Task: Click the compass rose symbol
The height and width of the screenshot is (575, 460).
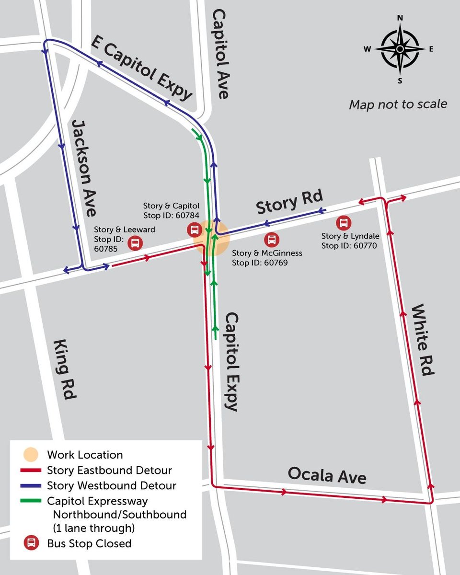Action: click(400, 49)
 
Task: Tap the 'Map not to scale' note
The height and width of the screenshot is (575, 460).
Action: click(398, 104)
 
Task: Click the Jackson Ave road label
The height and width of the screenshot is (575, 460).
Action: click(84, 168)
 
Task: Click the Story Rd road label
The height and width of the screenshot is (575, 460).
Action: click(289, 203)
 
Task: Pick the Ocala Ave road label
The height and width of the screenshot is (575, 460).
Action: click(327, 476)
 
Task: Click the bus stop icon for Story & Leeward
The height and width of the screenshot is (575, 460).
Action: click(136, 243)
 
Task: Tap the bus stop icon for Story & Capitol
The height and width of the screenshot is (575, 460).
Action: click(194, 230)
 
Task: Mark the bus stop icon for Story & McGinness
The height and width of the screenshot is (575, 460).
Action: click(272, 239)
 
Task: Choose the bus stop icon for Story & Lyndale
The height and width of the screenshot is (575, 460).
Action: click(344, 223)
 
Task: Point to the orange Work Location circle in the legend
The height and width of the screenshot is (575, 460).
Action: click(31, 454)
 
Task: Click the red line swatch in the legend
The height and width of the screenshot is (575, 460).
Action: click(31, 470)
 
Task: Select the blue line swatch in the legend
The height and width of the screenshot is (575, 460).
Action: click(31, 485)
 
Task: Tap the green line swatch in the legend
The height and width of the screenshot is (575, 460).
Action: click(31, 501)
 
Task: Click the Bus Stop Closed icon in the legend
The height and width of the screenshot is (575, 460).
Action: click(31, 543)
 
